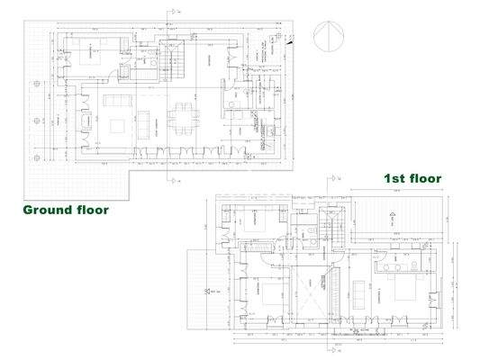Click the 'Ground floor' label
(65, 210)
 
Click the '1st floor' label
(412, 178)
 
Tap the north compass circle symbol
(328, 39)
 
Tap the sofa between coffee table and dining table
(146, 119)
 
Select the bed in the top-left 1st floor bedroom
(256, 220)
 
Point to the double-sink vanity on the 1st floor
(396, 261)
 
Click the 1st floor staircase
(335, 230)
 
